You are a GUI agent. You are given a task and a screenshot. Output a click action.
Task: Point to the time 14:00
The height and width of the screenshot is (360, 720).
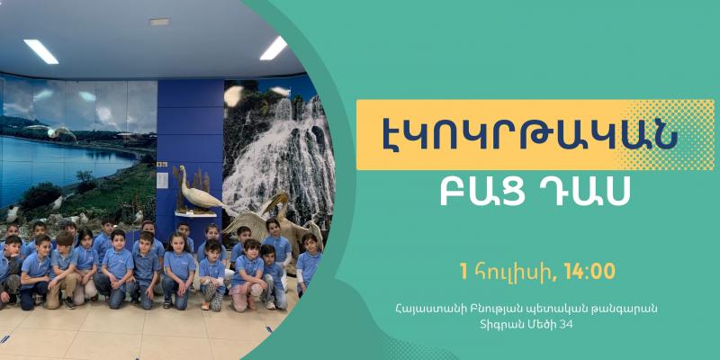590,272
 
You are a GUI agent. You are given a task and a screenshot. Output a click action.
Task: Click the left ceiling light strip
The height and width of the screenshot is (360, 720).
41,51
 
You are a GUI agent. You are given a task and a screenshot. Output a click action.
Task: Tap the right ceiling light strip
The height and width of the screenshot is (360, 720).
274,49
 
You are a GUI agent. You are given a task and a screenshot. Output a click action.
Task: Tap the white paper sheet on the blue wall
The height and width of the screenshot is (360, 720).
162,181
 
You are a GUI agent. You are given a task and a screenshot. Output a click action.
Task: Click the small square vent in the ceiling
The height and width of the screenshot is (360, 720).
159,22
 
